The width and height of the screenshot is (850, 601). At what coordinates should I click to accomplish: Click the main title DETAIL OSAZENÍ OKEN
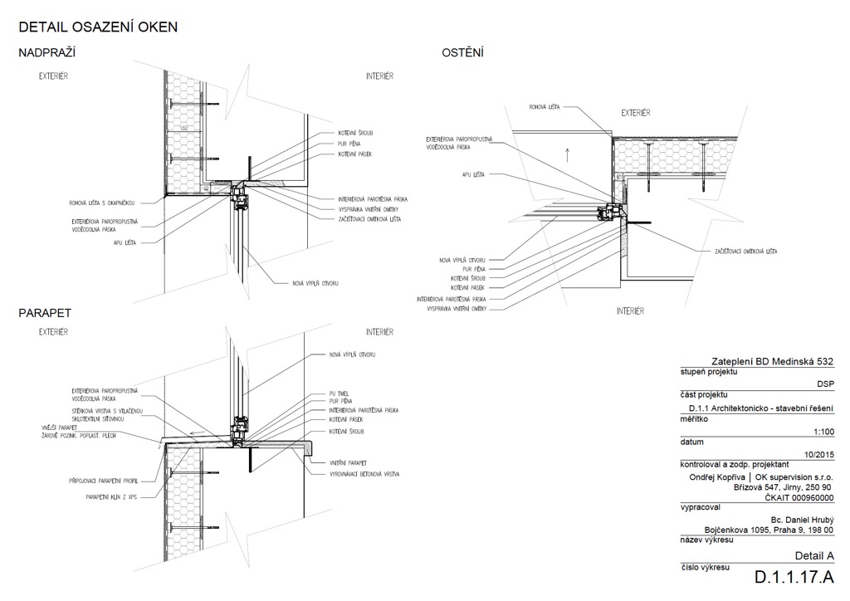pos(98,27)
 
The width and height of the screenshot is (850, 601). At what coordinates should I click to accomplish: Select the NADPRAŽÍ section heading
pos(47,53)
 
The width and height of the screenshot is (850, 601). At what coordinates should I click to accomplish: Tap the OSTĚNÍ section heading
pos(463,53)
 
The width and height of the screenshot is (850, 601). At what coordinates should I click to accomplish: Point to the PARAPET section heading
pos(45,314)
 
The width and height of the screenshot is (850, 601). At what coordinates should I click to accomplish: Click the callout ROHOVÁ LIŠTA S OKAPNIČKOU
pos(108,202)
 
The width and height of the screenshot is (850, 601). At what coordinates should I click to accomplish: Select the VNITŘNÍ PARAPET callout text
pos(349,462)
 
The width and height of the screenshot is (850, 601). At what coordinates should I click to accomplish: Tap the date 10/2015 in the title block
pos(818,453)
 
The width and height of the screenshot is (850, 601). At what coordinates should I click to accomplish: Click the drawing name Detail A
pos(813,555)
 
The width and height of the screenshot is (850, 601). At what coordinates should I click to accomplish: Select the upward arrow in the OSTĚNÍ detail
pos(567,153)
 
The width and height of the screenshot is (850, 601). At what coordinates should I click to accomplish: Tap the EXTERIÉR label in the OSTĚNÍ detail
pos(636,112)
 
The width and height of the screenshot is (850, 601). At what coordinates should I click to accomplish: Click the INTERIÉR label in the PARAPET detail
pos(379,332)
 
